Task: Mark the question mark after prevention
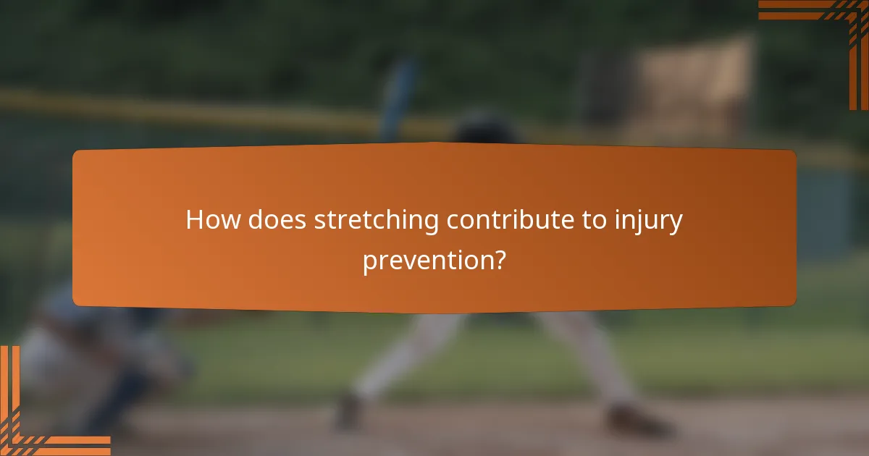coord(498,259)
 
